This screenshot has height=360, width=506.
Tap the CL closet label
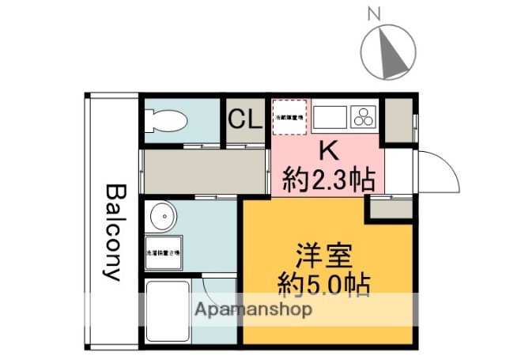click(x=245, y=119)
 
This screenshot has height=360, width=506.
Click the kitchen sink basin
click(x=330, y=118)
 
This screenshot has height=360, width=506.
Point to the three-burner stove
click(x=364, y=118)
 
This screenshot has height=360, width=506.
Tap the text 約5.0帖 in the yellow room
click(x=324, y=284)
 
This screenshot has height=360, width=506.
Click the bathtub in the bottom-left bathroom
click(x=167, y=310)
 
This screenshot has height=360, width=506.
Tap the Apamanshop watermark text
click(x=253, y=309)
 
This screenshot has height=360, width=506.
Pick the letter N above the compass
click(x=376, y=13)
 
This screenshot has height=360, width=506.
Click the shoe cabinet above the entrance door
click(x=398, y=119)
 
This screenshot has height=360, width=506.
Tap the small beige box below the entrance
click(x=390, y=207)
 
